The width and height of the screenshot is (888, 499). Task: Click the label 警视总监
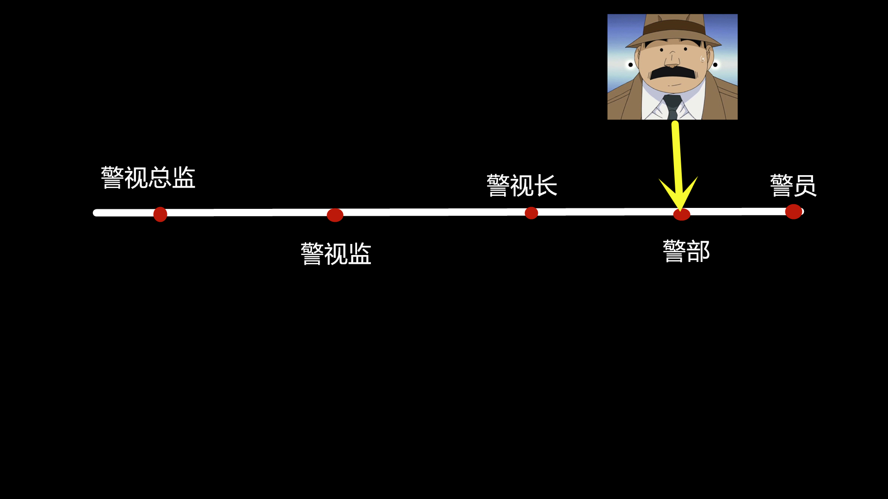point(148,177)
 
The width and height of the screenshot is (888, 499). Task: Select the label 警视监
point(336,254)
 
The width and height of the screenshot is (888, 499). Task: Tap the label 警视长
point(522,185)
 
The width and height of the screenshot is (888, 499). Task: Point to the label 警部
point(686,251)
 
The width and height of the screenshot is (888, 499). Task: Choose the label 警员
point(793,185)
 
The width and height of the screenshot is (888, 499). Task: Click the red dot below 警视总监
point(160,214)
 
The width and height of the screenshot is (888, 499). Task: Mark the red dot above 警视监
point(335,215)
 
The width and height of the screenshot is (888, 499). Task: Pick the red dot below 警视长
point(531,213)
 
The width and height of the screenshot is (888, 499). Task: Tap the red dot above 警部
point(682,214)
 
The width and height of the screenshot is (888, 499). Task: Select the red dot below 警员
point(794,212)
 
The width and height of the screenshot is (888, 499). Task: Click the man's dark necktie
point(672,107)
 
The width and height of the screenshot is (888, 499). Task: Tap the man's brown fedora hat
point(673,30)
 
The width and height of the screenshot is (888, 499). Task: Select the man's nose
point(672,59)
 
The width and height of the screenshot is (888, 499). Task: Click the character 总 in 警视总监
point(160,177)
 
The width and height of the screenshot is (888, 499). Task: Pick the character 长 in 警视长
point(546,185)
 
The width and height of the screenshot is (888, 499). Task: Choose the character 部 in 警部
point(698,251)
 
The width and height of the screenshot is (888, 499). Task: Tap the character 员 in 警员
point(805,185)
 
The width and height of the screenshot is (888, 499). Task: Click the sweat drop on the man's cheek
point(703,59)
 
